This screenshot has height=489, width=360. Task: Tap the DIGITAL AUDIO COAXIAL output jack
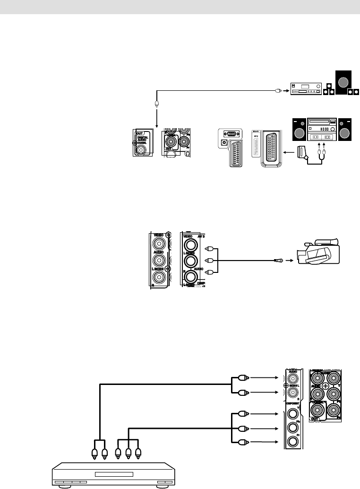141,150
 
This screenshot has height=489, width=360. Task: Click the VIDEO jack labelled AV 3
191,244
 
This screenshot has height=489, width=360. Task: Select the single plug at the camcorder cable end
279,260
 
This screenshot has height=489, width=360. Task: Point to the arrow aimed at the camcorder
289,260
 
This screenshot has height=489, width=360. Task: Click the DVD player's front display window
113,474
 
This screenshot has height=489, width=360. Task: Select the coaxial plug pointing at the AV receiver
279,90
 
